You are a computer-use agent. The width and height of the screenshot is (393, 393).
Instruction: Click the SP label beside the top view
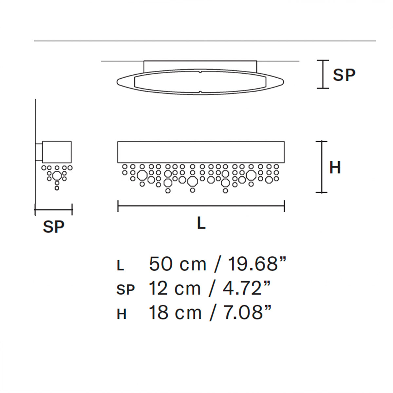pos(344,75)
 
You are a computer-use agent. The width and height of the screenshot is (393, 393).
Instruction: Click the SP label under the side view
pos(54,226)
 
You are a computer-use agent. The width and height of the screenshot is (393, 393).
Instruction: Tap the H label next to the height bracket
pos(335,168)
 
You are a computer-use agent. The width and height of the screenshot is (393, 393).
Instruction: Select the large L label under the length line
pos(201,223)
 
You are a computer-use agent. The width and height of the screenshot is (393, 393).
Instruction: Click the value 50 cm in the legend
pos(178,264)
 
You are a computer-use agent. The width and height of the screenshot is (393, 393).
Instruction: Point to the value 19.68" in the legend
pos(257,264)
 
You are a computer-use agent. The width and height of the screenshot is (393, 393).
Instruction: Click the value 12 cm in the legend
pos(175,289)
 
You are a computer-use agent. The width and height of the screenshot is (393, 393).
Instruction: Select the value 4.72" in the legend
pos(247,289)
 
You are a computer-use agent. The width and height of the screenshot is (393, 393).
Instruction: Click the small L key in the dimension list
pos(121,266)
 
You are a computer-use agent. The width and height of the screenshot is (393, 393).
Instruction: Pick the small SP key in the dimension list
pos(125,290)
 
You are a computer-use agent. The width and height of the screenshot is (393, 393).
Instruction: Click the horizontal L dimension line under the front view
pos(201,206)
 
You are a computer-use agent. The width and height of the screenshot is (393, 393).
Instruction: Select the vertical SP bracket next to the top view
pos(323,74)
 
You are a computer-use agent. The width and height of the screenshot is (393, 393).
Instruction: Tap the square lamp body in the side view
pos(57,151)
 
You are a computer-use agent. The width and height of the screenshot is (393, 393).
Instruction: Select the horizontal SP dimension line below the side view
pos(54,209)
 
